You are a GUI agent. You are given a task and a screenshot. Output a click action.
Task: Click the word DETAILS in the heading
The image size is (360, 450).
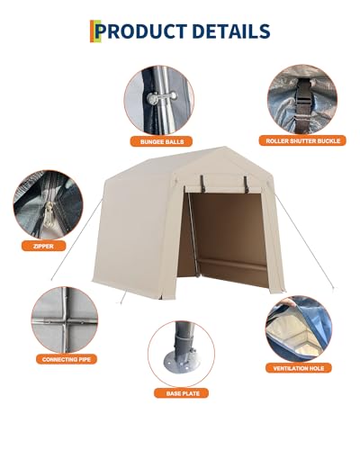[x=231, y=31]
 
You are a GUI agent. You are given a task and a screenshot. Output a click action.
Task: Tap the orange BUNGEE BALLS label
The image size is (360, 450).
[x=161, y=141]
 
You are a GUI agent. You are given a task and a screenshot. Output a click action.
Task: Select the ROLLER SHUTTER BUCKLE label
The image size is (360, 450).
[x=302, y=140]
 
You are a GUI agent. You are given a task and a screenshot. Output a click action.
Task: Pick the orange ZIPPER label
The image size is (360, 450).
[x=43, y=247]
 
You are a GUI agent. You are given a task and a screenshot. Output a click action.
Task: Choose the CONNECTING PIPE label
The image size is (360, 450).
[x=67, y=359]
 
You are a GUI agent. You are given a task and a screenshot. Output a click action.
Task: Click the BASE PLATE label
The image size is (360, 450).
[x=181, y=393]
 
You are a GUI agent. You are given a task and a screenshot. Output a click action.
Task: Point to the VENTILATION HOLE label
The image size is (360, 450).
[x=298, y=368]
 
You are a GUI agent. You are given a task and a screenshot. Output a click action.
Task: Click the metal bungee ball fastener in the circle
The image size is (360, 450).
[x=162, y=98]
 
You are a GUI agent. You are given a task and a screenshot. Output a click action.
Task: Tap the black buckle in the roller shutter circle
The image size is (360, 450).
[x=302, y=101]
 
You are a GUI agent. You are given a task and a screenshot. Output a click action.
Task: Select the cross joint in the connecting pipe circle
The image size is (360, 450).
[x=66, y=321]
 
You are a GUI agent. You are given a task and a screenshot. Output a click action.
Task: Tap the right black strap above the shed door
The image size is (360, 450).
[x=246, y=184]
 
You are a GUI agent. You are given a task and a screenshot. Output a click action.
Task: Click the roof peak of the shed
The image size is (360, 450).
[x=224, y=148]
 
